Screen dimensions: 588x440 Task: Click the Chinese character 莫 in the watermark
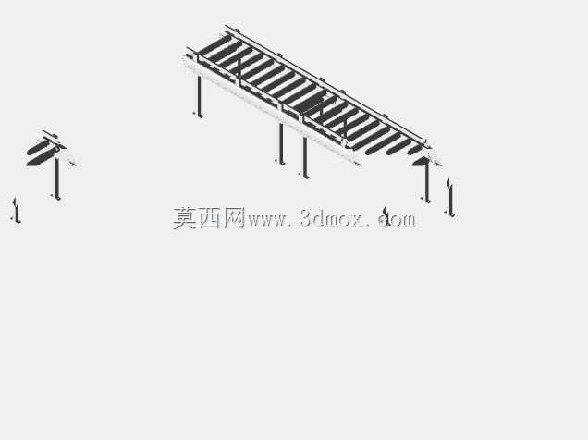coord(185,218)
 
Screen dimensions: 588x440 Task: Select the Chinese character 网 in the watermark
coord(234,218)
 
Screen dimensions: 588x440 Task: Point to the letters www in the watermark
coord(266,220)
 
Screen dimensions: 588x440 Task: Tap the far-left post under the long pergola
coord(199,96)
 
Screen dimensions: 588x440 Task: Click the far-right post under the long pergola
coord(427,182)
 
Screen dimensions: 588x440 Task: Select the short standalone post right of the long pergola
coord(450,198)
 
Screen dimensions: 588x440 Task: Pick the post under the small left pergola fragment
coord(57,177)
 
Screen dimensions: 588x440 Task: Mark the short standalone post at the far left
coord(16,210)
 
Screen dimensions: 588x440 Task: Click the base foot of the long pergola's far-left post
coord(200,115)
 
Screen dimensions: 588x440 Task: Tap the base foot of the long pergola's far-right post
coord(427,201)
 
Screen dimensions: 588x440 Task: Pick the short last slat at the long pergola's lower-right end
coord(415,150)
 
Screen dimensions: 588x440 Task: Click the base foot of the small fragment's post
coord(57,197)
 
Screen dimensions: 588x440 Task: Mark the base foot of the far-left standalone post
coord(18,221)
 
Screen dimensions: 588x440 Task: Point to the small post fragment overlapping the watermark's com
coord(386,217)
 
